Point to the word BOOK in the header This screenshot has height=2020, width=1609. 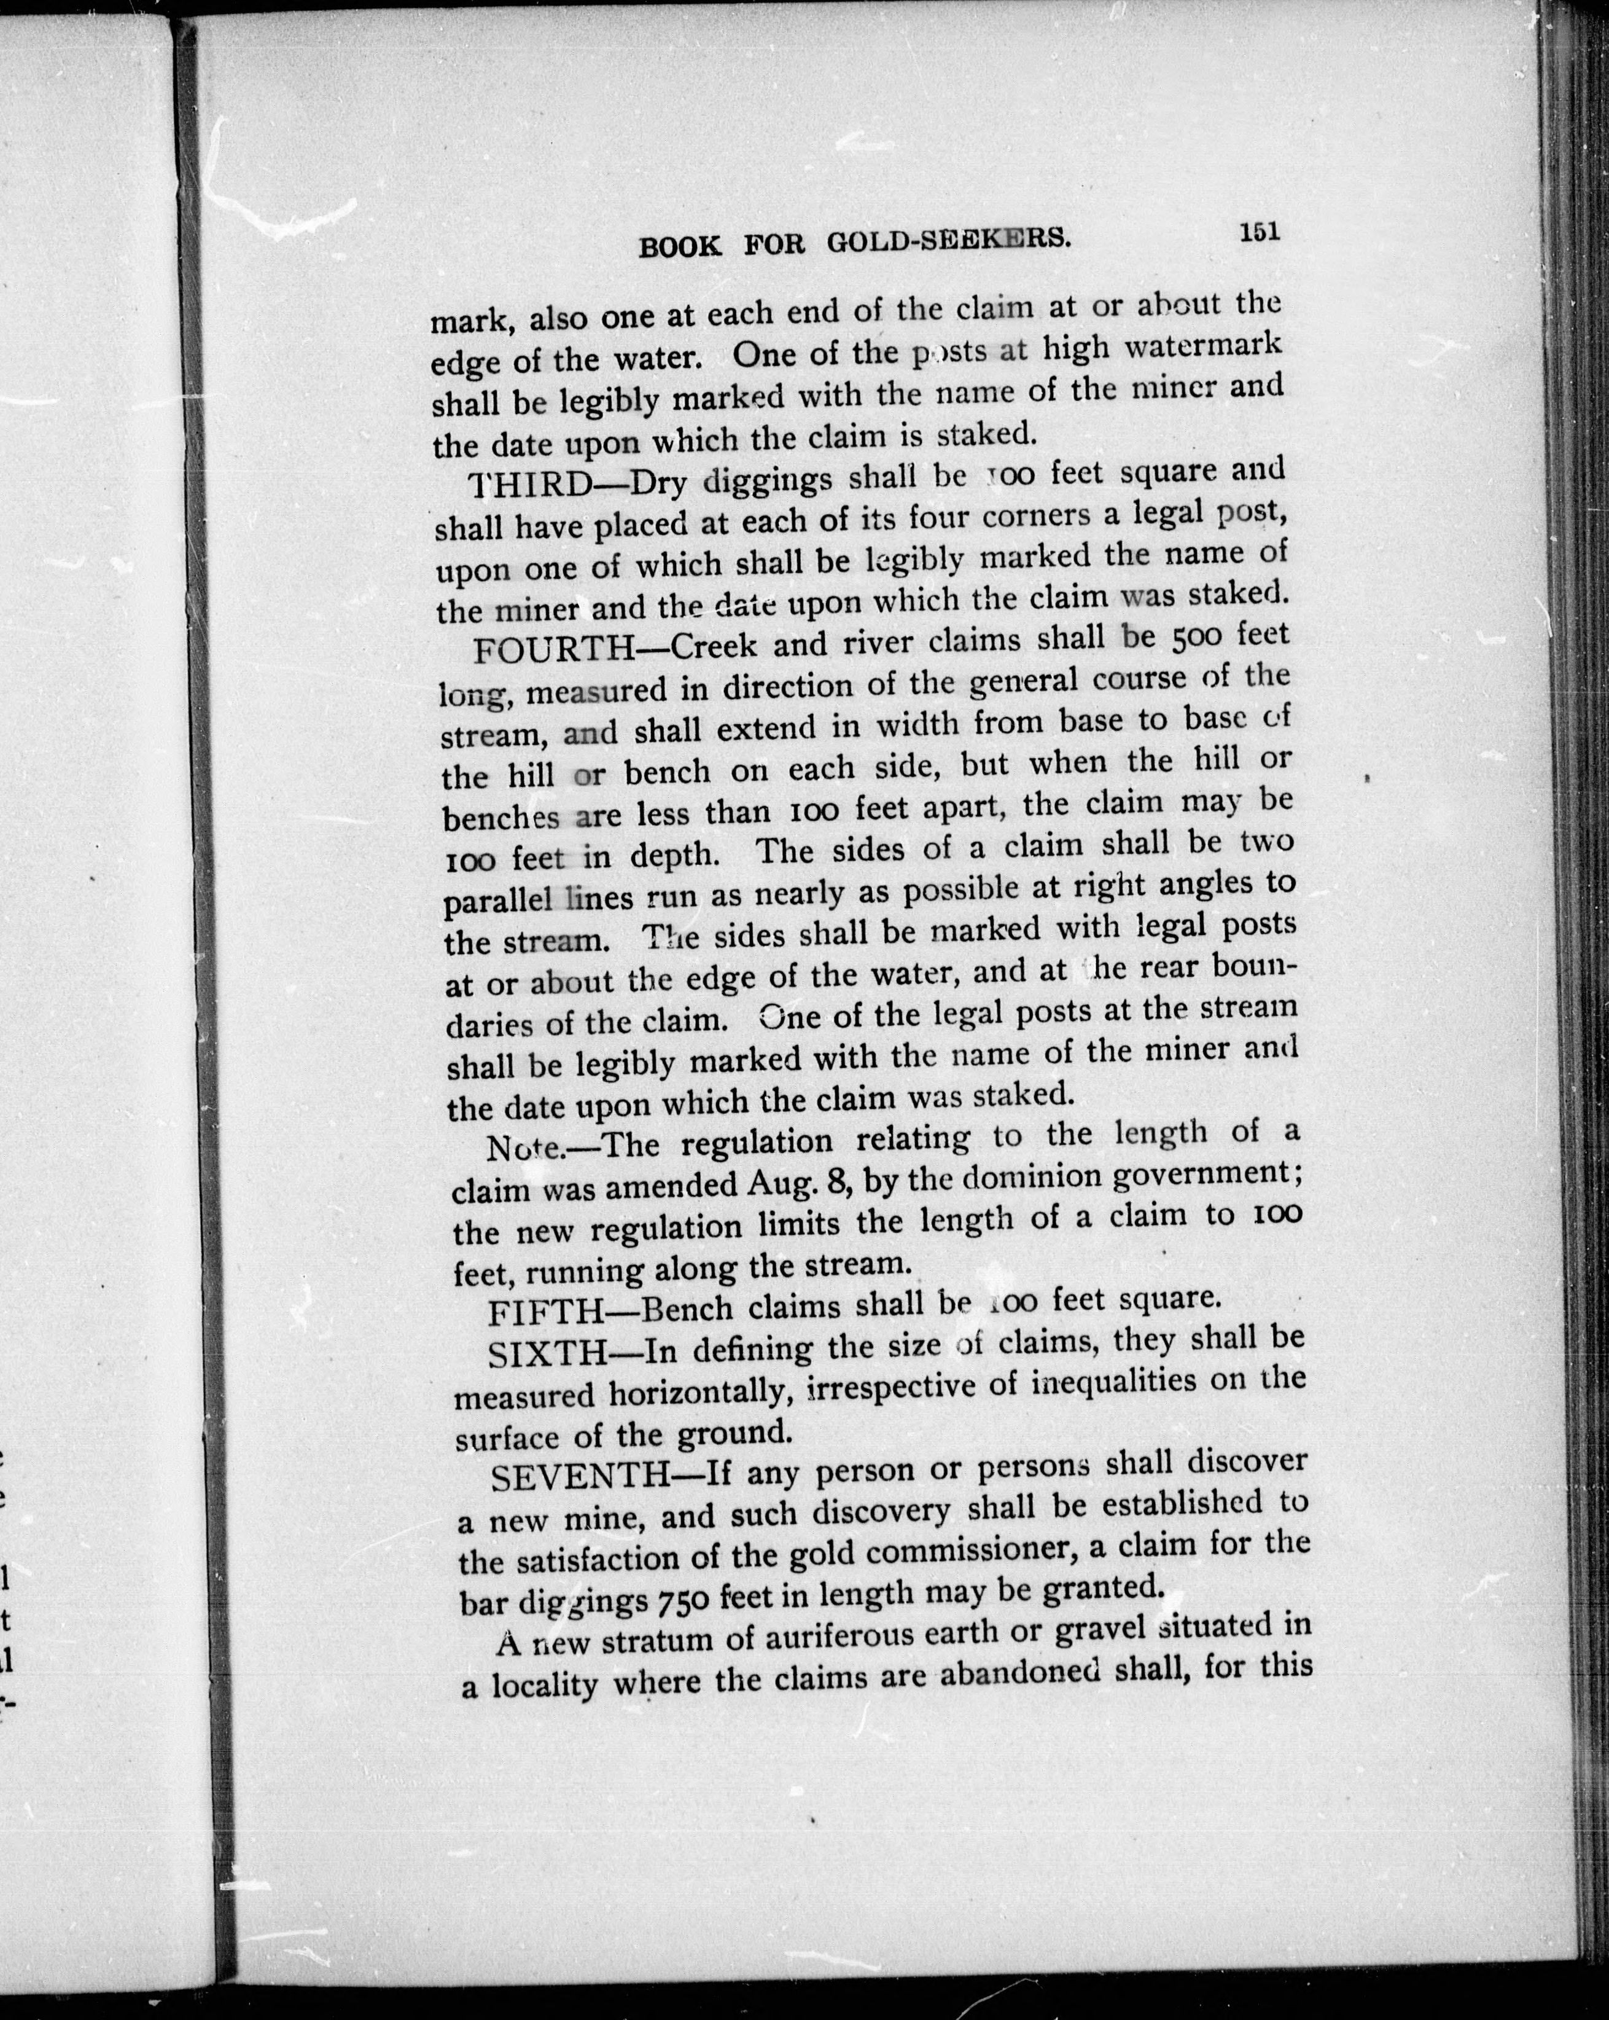pos(680,246)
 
